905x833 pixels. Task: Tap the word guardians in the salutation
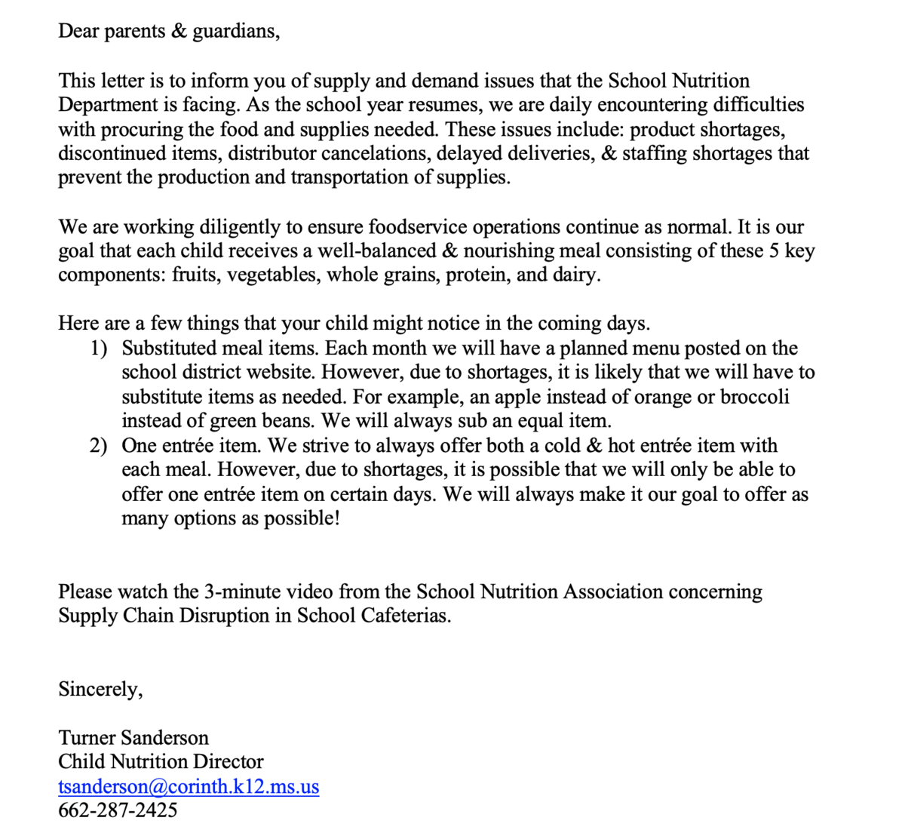click(x=235, y=32)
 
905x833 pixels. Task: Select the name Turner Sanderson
click(x=133, y=737)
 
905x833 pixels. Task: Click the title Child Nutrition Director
click(x=161, y=761)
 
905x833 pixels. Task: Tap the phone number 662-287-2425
click(x=118, y=810)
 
